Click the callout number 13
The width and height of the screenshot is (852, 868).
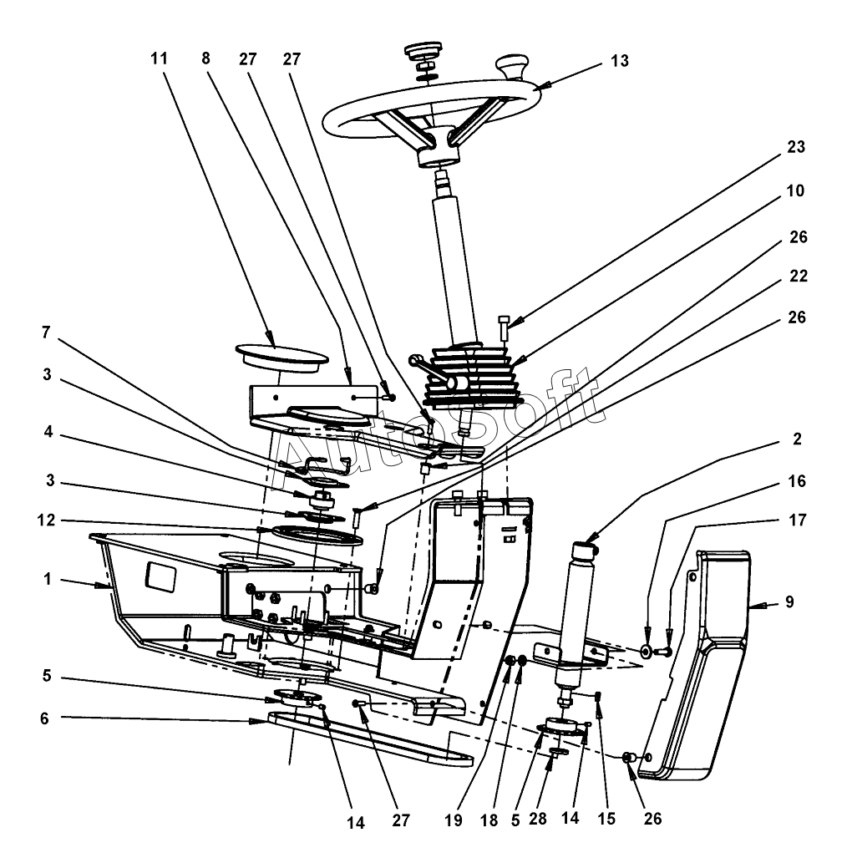618,62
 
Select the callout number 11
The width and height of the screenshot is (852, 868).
159,58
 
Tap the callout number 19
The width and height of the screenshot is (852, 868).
454,820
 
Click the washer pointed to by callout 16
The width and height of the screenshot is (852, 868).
648,650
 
